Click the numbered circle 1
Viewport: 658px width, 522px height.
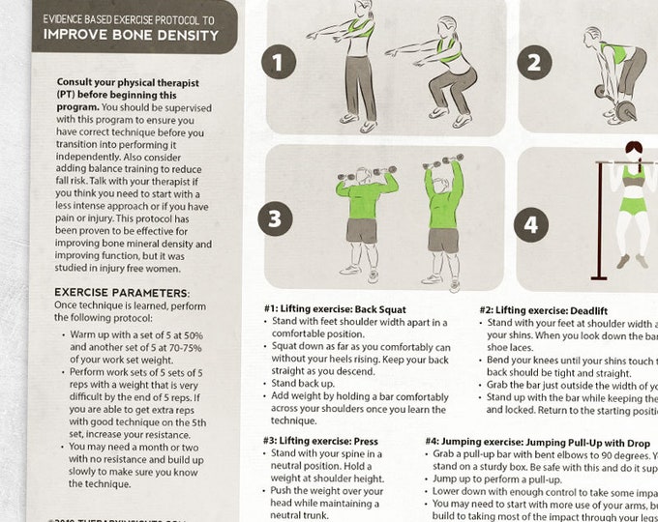tap(279, 64)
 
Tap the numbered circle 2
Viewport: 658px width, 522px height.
tap(533, 64)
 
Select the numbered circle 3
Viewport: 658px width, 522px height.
tap(274, 218)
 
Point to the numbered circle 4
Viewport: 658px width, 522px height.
tap(530, 225)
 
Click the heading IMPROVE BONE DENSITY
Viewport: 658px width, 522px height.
tap(135, 36)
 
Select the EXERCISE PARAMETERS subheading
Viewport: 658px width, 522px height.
tap(122, 292)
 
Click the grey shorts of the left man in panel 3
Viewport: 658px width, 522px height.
tap(361, 231)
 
